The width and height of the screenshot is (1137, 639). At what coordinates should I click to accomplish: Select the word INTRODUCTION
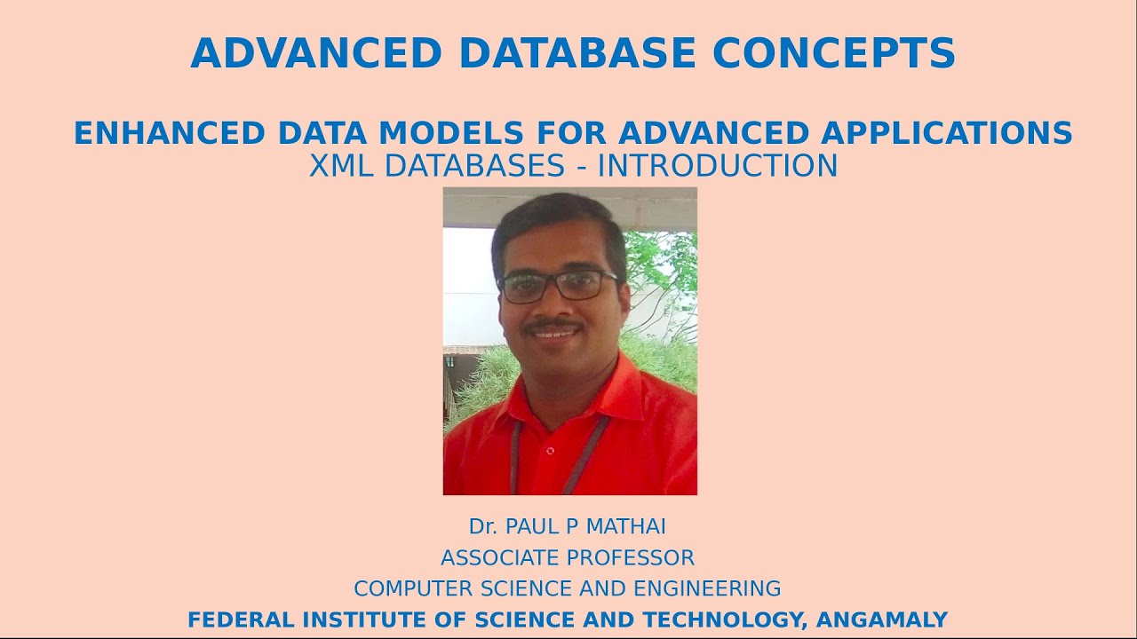(x=717, y=166)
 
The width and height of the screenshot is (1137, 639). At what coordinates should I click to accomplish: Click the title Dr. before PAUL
(x=482, y=526)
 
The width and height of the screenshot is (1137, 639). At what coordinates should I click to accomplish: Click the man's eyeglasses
(x=558, y=285)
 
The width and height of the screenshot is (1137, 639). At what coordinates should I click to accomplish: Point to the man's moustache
(x=553, y=327)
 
